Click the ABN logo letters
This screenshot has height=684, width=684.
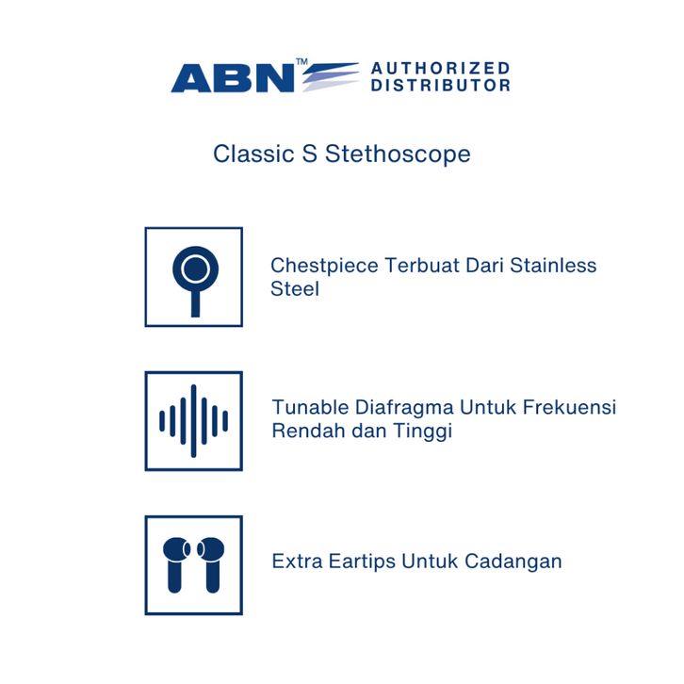pos(233,77)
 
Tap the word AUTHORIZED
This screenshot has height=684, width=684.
pos(441,68)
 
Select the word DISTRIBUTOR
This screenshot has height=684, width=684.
pos(441,85)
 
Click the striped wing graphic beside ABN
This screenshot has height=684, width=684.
pos(331,76)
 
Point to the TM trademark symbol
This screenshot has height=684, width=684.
pos(301,61)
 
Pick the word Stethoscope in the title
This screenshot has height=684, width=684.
pos(398,154)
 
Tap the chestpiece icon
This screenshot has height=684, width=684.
pos(195,276)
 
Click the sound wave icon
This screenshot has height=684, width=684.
pos(194,421)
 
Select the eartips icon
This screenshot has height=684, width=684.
pos(194,565)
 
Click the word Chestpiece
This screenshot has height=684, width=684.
pos(324,266)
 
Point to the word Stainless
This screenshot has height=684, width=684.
pos(553,266)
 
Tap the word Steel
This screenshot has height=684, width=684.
pos(295,289)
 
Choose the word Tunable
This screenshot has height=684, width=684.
pos(310,407)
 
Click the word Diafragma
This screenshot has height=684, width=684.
pos(404,408)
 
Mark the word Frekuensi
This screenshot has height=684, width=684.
pos(569,407)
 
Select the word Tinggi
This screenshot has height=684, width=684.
pos(422,432)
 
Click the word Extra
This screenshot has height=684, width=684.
pos(297,562)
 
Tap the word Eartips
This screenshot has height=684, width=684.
pos(362,562)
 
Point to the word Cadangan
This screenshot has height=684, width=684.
pos(513,562)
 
